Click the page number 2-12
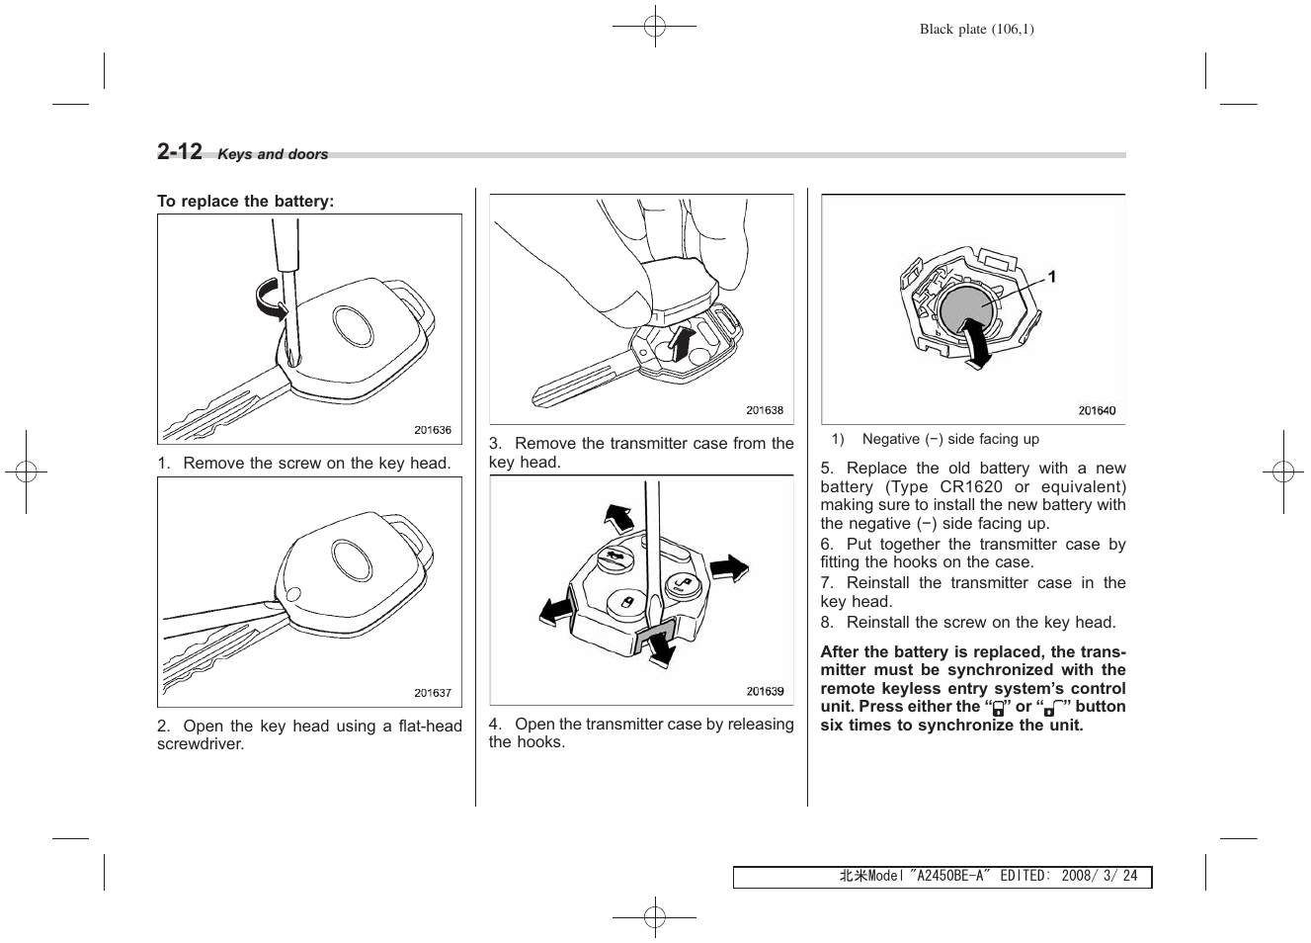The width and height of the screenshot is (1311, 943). pyautogui.click(x=180, y=151)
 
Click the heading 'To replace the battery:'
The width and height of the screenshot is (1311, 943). pyautogui.click(x=245, y=202)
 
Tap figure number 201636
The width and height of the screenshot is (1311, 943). pyautogui.click(x=432, y=430)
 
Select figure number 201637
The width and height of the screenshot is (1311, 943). pyautogui.click(x=432, y=693)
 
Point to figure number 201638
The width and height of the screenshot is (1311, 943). pyautogui.click(x=764, y=410)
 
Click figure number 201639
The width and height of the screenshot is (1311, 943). pyautogui.click(x=765, y=692)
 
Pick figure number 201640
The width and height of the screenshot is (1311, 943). pyautogui.click(x=1097, y=410)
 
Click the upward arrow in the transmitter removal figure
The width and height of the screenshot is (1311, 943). pyautogui.click(x=681, y=346)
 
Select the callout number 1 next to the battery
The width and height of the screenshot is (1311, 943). pyautogui.click(x=1052, y=278)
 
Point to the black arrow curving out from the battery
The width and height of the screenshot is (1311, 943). pyautogui.click(x=975, y=346)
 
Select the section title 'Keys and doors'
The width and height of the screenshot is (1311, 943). pyautogui.click(x=273, y=154)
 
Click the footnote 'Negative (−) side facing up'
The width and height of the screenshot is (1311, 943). pyautogui.click(x=949, y=439)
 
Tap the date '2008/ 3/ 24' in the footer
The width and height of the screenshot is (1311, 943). pyautogui.click(x=1099, y=877)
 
